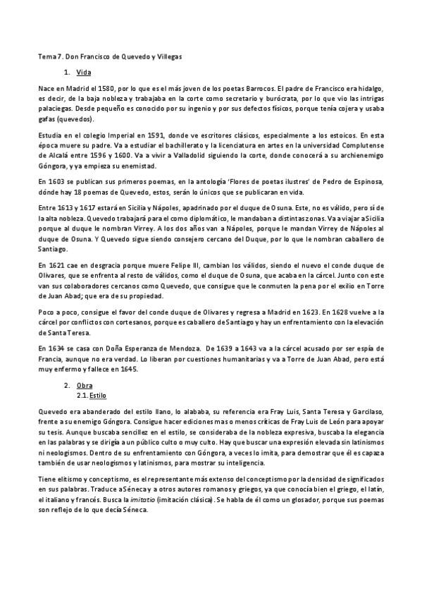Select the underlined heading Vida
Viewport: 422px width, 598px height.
[83, 73]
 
